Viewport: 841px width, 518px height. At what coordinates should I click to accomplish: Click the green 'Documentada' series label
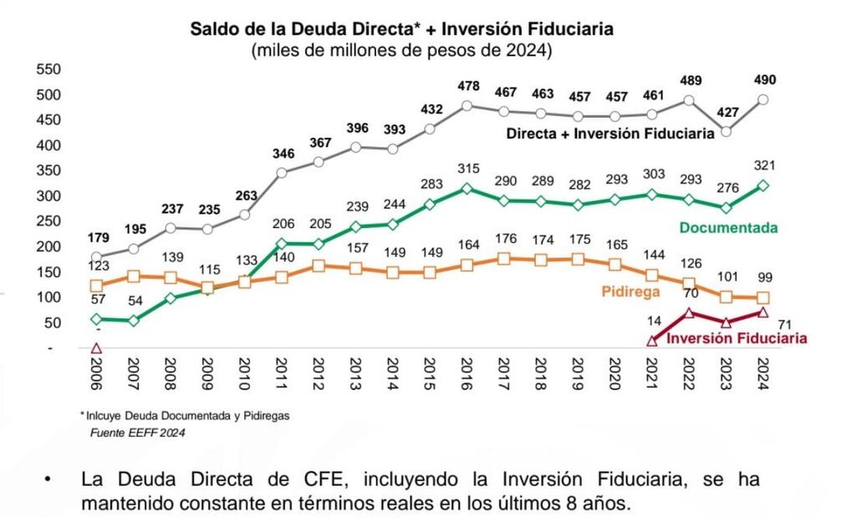tap(728, 227)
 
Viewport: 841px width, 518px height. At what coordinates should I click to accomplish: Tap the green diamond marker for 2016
tap(466, 189)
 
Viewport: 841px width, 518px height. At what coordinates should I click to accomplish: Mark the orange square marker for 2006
tap(96, 286)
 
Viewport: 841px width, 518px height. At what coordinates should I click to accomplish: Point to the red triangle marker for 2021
tap(653, 341)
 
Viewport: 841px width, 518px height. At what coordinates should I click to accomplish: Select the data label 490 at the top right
tap(764, 80)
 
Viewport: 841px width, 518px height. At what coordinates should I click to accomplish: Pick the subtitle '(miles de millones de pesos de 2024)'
tap(401, 51)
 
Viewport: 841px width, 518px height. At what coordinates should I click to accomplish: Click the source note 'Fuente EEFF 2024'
tap(137, 432)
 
